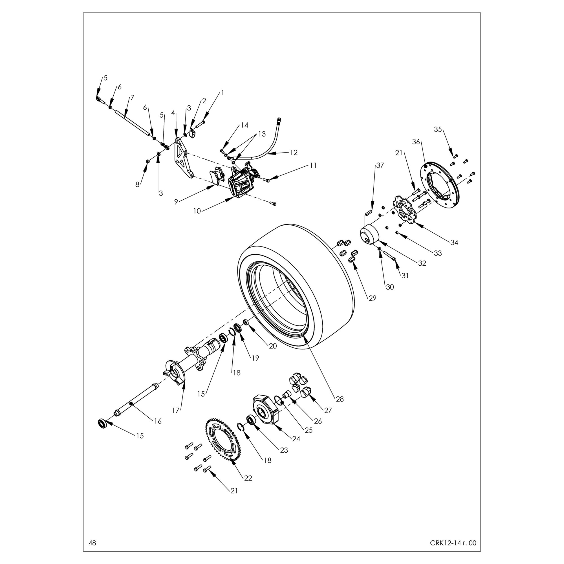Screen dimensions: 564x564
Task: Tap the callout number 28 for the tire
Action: pyautogui.click(x=340, y=399)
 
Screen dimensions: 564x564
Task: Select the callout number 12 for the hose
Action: pyautogui.click(x=294, y=153)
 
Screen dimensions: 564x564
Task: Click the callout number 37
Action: pyautogui.click(x=380, y=166)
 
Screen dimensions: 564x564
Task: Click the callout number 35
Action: pyautogui.click(x=438, y=129)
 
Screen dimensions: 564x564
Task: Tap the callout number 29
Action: pyautogui.click(x=372, y=298)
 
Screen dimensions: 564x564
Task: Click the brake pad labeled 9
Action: pyautogui.click(x=217, y=177)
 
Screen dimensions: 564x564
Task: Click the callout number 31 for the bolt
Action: pyautogui.click(x=405, y=275)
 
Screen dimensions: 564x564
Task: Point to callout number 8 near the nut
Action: pyautogui.click(x=137, y=185)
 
